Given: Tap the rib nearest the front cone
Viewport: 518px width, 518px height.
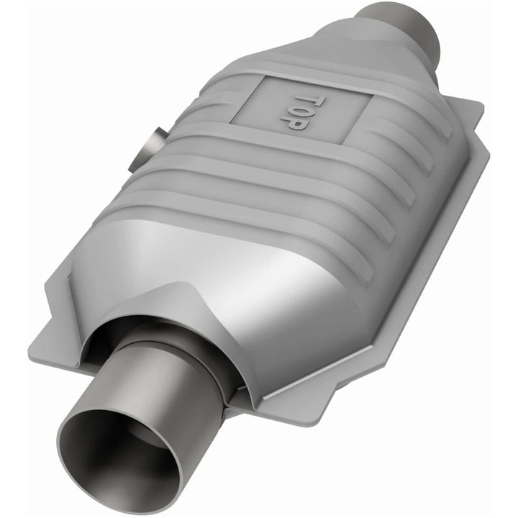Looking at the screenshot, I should coord(237,216).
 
